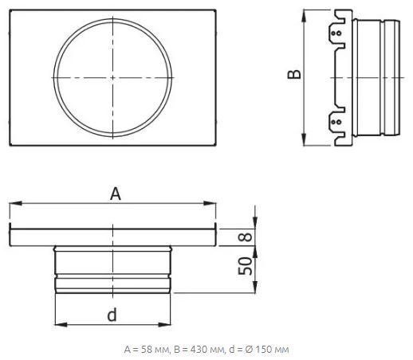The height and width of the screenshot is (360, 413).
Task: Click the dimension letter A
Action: coord(116,194)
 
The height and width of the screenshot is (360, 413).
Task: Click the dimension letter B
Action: coord(294,74)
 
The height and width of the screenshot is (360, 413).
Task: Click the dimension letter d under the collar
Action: coord(112,315)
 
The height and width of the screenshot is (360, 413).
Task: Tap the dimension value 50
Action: coord(245,266)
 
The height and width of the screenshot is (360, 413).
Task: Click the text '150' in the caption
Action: coord(266,350)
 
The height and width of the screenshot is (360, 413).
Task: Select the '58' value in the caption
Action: coord(146,350)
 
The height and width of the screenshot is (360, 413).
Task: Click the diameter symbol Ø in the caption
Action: coord(250,350)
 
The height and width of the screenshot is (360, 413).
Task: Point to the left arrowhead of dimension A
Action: coord(15,203)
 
